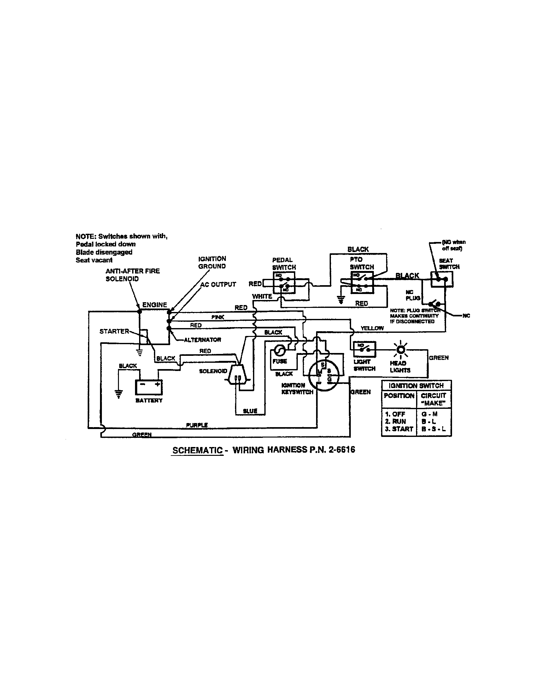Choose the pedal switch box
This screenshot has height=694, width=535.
tap(284, 283)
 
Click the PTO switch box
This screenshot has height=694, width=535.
tap(362, 282)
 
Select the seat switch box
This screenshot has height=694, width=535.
tap(442, 279)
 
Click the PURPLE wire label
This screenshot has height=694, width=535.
tap(197, 425)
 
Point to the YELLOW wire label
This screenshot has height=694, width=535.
tap(372, 328)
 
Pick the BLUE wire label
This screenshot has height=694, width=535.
tap(250, 411)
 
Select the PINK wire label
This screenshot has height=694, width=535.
tap(218, 317)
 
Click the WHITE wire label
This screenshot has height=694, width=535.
tap(262, 297)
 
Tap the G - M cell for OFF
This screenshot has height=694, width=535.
tap(429, 414)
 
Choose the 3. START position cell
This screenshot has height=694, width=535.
tap(399, 429)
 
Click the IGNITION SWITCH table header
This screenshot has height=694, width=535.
tap(416, 385)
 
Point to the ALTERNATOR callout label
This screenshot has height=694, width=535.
tap(203, 340)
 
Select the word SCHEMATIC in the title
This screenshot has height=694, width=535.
tap(197, 450)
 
